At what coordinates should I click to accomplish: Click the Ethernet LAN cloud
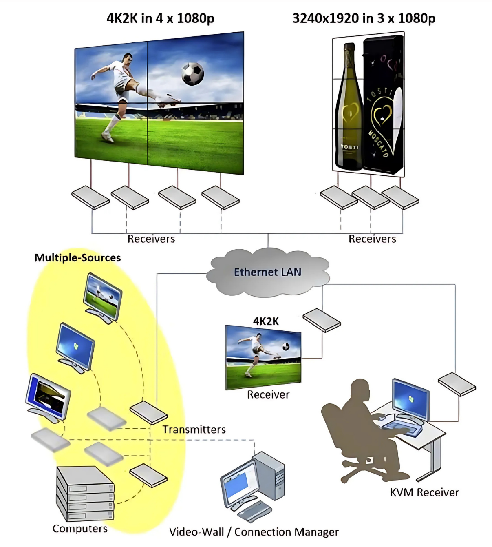(x=267, y=272)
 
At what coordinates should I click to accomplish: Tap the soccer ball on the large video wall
(x=192, y=73)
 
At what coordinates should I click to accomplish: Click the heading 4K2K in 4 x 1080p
(x=160, y=18)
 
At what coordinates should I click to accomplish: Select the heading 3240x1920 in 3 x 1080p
(x=364, y=18)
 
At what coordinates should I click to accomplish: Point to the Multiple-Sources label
(x=77, y=258)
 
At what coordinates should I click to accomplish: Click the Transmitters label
(x=194, y=430)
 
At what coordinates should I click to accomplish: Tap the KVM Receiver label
(x=424, y=492)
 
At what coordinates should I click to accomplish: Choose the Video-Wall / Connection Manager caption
(x=254, y=532)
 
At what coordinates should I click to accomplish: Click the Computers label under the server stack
(x=80, y=529)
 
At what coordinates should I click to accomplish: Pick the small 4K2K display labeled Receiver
(x=263, y=357)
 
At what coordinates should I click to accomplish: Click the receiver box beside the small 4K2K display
(x=322, y=320)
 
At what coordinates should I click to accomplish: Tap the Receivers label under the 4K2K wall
(x=151, y=239)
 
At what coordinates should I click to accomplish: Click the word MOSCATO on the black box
(x=379, y=143)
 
